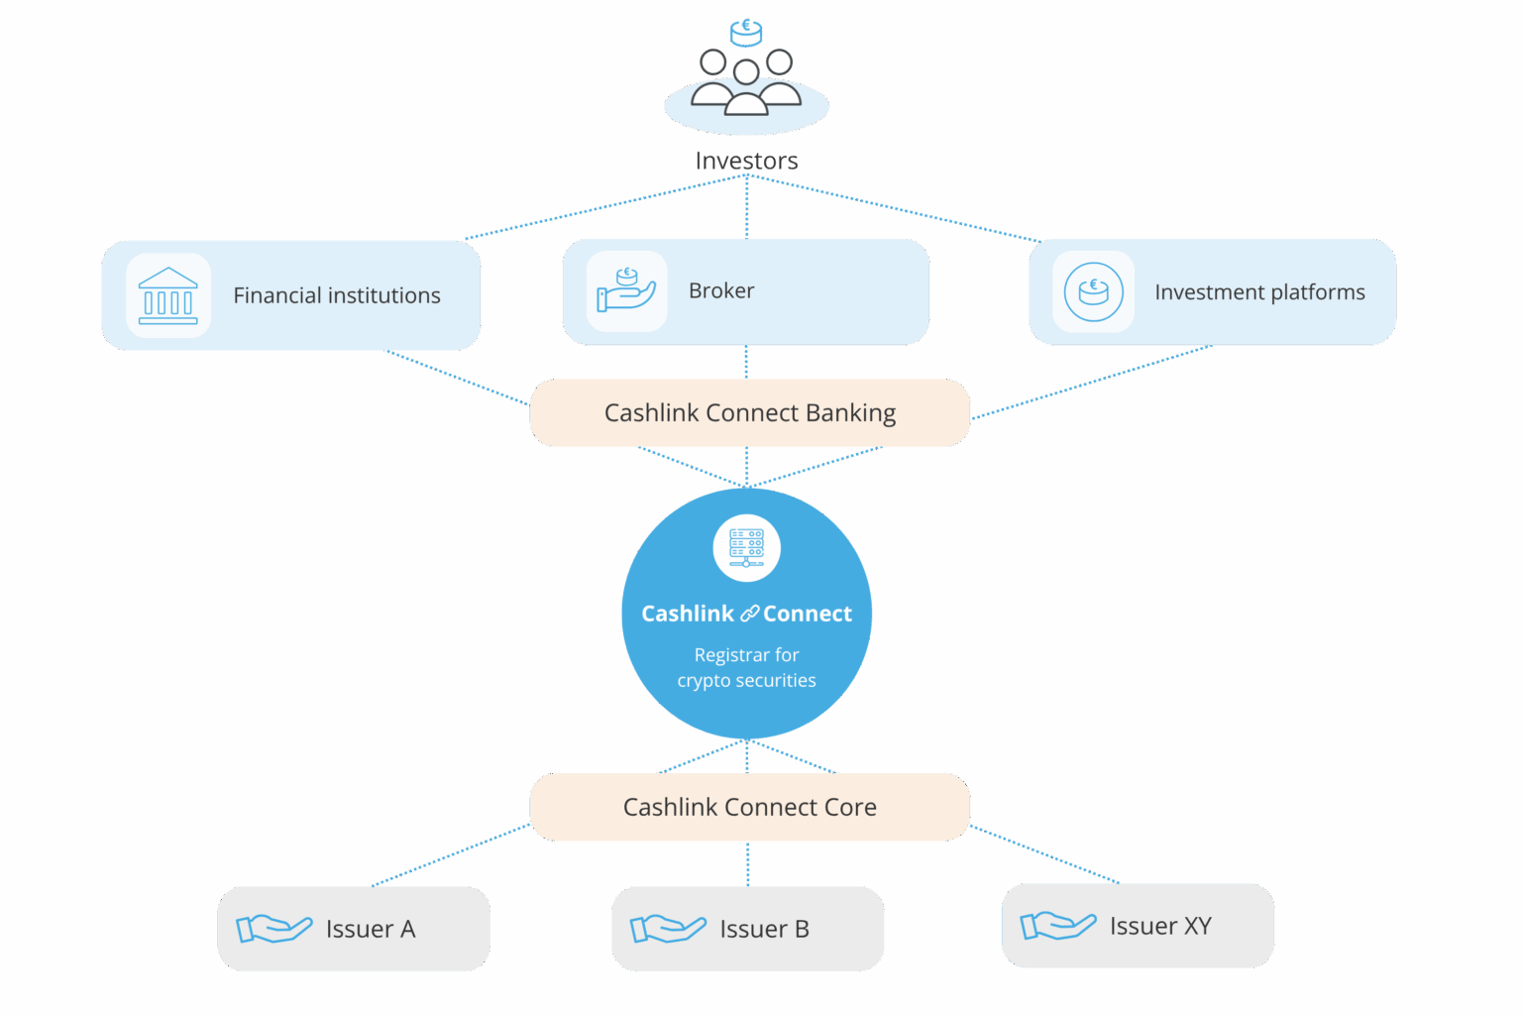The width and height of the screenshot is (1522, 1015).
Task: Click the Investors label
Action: point(746,161)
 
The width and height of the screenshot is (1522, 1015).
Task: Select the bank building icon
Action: point(168,295)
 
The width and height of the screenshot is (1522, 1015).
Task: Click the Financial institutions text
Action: point(337,295)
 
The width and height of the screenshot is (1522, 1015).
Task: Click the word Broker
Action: point(721,290)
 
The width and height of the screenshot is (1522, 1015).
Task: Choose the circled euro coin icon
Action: point(1093,291)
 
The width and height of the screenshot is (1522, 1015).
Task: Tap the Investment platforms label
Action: point(1259,292)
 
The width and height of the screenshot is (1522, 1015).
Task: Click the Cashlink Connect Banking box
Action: point(749,413)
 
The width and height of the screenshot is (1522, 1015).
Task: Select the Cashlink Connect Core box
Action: point(749,807)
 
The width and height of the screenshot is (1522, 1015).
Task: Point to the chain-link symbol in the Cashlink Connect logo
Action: point(749,615)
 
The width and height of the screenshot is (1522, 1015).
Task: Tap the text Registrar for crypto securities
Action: point(746,667)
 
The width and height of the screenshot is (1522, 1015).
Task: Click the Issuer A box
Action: point(354,929)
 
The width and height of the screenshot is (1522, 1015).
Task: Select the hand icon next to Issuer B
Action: point(668,929)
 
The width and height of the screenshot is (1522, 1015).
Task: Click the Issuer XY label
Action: point(1160,926)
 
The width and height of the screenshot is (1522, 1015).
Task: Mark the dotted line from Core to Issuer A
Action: point(451,854)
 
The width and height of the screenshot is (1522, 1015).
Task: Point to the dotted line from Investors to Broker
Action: point(746,208)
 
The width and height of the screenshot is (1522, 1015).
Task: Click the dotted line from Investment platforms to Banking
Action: point(1090,383)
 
